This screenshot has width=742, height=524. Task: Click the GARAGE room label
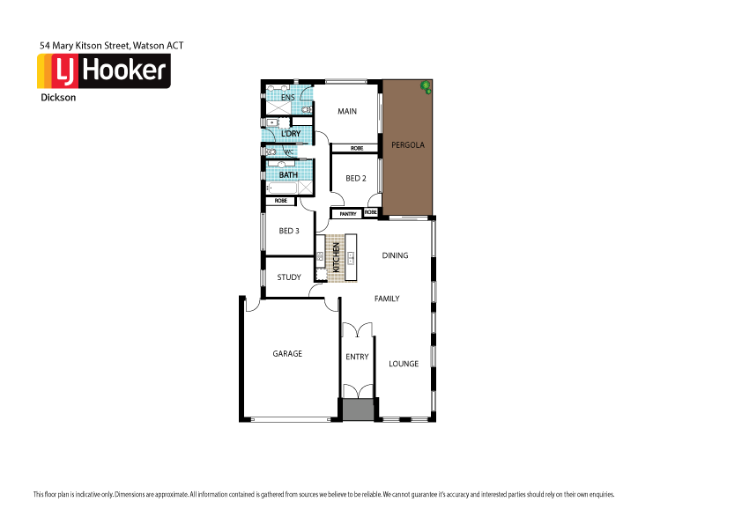point(287,353)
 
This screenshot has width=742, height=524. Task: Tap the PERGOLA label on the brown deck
point(409,144)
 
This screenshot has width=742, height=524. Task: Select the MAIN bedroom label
point(347,111)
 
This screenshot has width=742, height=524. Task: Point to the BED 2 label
point(355,178)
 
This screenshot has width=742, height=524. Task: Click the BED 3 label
point(289,231)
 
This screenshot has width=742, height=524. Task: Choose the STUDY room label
point(289,277)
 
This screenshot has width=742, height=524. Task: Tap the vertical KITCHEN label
point(336,258)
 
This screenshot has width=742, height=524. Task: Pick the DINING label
point(395,256)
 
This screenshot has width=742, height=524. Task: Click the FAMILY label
point(387,299)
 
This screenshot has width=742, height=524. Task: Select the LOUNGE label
point(404,363)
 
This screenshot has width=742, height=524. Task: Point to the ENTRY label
point(357,357)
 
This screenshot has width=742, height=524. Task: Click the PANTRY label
point(346,213)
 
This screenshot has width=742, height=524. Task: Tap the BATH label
point(288,174)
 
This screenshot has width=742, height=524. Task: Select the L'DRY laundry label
point(291,134)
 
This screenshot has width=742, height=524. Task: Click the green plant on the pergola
point(426,86)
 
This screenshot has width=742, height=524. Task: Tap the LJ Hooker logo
point(103,70)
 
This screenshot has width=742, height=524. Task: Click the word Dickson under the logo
point(58,98)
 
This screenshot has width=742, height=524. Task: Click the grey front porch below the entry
point(358,410)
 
